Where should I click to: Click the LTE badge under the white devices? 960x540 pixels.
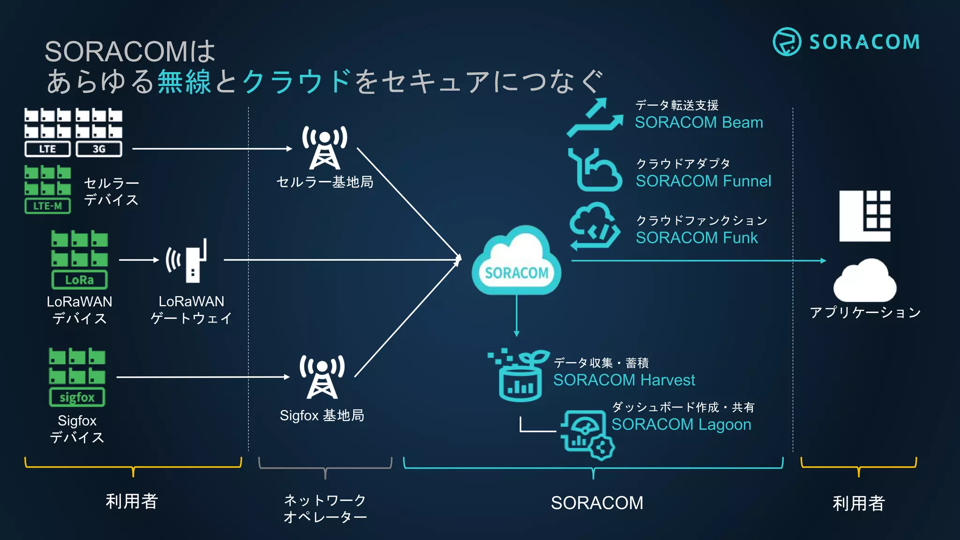click(x=47, y=149)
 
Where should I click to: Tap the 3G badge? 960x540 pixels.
click(x=99, y=149)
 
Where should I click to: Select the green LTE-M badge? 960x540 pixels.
click(x=47, y=206)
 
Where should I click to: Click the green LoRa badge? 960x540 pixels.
click(x=79, y=280)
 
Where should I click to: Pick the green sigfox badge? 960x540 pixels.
click(x=77, y=397)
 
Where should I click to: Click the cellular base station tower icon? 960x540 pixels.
click(x=324, y=147)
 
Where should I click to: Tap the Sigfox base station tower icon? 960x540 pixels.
click(x=322, y=376)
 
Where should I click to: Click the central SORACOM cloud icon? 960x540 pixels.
click(x=516, y=262)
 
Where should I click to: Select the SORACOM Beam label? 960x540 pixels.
click(x=699, y=122)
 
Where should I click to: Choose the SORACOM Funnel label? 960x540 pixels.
click(x=703, y=181)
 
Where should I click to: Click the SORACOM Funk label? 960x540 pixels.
click(x=697, y=238)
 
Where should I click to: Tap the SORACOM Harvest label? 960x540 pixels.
click(x=624, y=380)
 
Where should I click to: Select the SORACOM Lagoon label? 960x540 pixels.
click(x=681, y=424)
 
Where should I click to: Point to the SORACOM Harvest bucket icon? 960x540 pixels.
click(x=518, y=377)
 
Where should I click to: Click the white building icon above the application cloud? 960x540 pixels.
click(x=864, y=216)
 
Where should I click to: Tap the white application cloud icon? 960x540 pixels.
click(x=865, y=281)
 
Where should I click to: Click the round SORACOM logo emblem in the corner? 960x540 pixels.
click(x=787, y=42)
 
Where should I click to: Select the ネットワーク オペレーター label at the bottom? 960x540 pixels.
click(x=325, y=509)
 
